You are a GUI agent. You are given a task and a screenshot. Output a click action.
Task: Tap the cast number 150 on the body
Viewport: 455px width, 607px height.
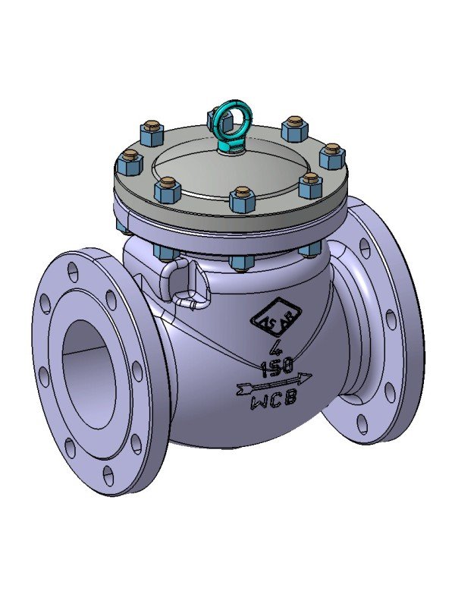pos(275,369)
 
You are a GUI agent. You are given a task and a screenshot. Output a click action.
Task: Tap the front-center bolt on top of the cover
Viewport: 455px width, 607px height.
pos(241,198)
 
